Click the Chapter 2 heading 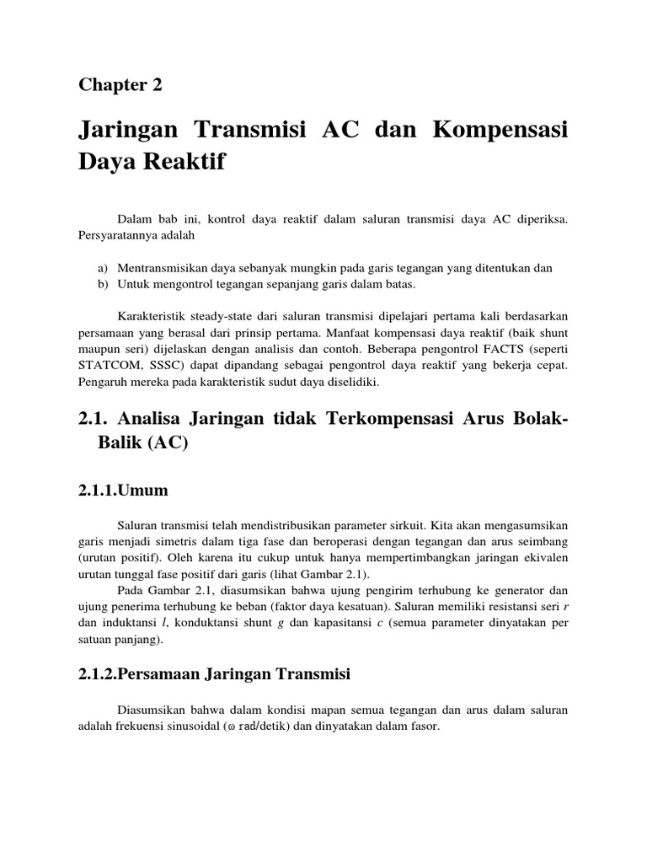point(120,84)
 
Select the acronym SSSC point(163,367)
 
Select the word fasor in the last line point(425,726)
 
